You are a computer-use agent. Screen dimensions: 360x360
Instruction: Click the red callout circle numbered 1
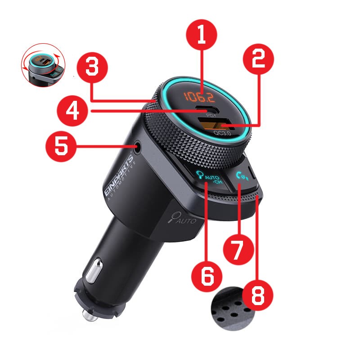coord(201,35)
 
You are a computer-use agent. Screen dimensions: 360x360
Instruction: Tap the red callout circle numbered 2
coord(258,59)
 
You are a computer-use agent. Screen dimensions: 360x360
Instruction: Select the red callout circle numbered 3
coord(92,67)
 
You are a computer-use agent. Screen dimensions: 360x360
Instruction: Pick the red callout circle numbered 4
coord(72,111)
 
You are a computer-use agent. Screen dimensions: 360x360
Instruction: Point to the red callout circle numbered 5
coord(61,146)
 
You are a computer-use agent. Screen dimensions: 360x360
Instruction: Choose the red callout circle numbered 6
coord(207,276)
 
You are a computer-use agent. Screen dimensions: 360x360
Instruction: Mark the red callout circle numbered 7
coord(239,249)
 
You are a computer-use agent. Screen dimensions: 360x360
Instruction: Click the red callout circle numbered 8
coord(258,295)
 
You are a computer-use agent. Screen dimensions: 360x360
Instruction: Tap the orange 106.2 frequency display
coord(199,97)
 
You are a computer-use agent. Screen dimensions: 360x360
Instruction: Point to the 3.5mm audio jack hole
coord(137,147)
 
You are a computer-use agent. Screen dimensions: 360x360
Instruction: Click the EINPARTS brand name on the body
coord(119,175)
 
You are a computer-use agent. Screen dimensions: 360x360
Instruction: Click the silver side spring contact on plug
coord(94,270)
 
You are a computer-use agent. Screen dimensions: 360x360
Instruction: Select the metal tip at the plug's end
coord(90,315)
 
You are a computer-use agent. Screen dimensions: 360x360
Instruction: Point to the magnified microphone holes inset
coord(232,309)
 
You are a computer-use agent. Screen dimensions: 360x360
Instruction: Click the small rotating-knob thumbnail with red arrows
coord(43,65)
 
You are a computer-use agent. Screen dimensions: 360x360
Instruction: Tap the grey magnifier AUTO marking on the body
coord(182,218)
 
